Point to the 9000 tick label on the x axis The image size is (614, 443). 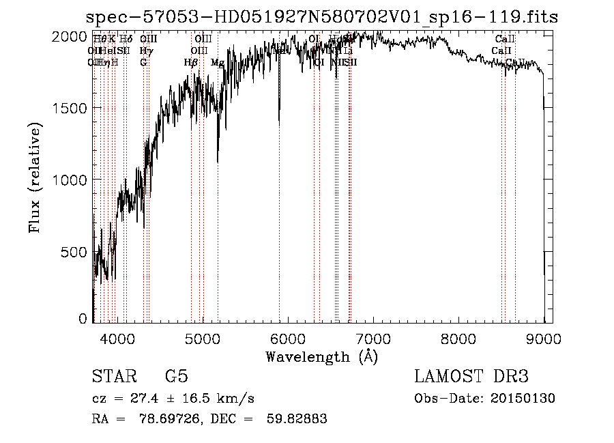[x=544, y=338]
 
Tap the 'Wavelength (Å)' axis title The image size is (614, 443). [x=321, y=356]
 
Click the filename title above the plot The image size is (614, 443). [x=322, y=18]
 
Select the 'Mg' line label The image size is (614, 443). [x=218, y=63]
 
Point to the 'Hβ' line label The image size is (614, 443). [x=191, y=63]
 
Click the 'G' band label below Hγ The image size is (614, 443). [x=143, y=63]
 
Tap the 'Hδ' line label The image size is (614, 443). [x=126, y=40]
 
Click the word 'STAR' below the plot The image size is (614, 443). [x=113, y=377]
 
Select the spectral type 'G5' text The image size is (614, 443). [x=176, y=377]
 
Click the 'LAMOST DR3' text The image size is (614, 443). [x=471, y=377]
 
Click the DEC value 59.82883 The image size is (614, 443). [x=299, y=419]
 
